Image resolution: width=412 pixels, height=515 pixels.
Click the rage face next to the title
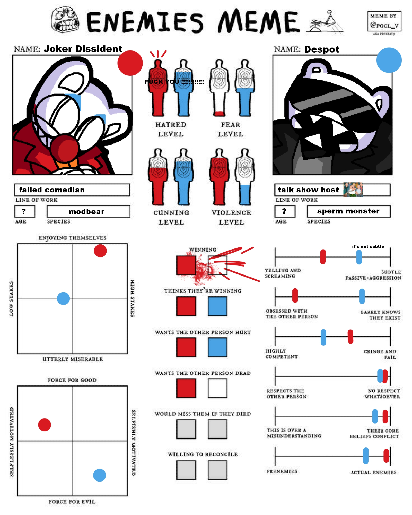(65, 20)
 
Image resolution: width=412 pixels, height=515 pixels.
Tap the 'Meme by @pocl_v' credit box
(384, 21)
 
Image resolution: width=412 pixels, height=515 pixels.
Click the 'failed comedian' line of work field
(72, 190)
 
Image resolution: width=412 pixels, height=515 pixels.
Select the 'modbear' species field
(88, 211)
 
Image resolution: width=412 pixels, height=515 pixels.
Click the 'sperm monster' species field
(348, 211)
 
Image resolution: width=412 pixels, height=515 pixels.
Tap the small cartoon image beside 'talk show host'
(353, 190)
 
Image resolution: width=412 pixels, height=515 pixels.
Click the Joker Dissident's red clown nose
(65, 147)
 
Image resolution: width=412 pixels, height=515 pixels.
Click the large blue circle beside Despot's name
(389, 60)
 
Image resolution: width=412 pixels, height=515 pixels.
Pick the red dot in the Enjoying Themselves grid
(100, 251)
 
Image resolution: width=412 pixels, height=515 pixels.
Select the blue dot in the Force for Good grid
(99, 475)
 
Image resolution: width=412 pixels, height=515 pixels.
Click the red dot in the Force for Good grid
(45, 425)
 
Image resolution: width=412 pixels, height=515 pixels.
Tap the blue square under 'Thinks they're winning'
(217, 306)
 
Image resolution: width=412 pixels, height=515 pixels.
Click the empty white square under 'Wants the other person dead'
(217, 388)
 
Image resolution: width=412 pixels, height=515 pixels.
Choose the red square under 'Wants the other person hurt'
(186, 347)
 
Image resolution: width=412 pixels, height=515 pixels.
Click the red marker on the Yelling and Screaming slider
(323, 257)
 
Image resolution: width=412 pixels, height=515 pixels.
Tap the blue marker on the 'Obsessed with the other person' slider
(362, 296)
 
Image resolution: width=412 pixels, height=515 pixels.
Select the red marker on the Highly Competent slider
(350, 337)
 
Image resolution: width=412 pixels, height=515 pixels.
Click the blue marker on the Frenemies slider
(366, 456)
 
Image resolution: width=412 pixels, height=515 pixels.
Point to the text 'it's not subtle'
(368, 246)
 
